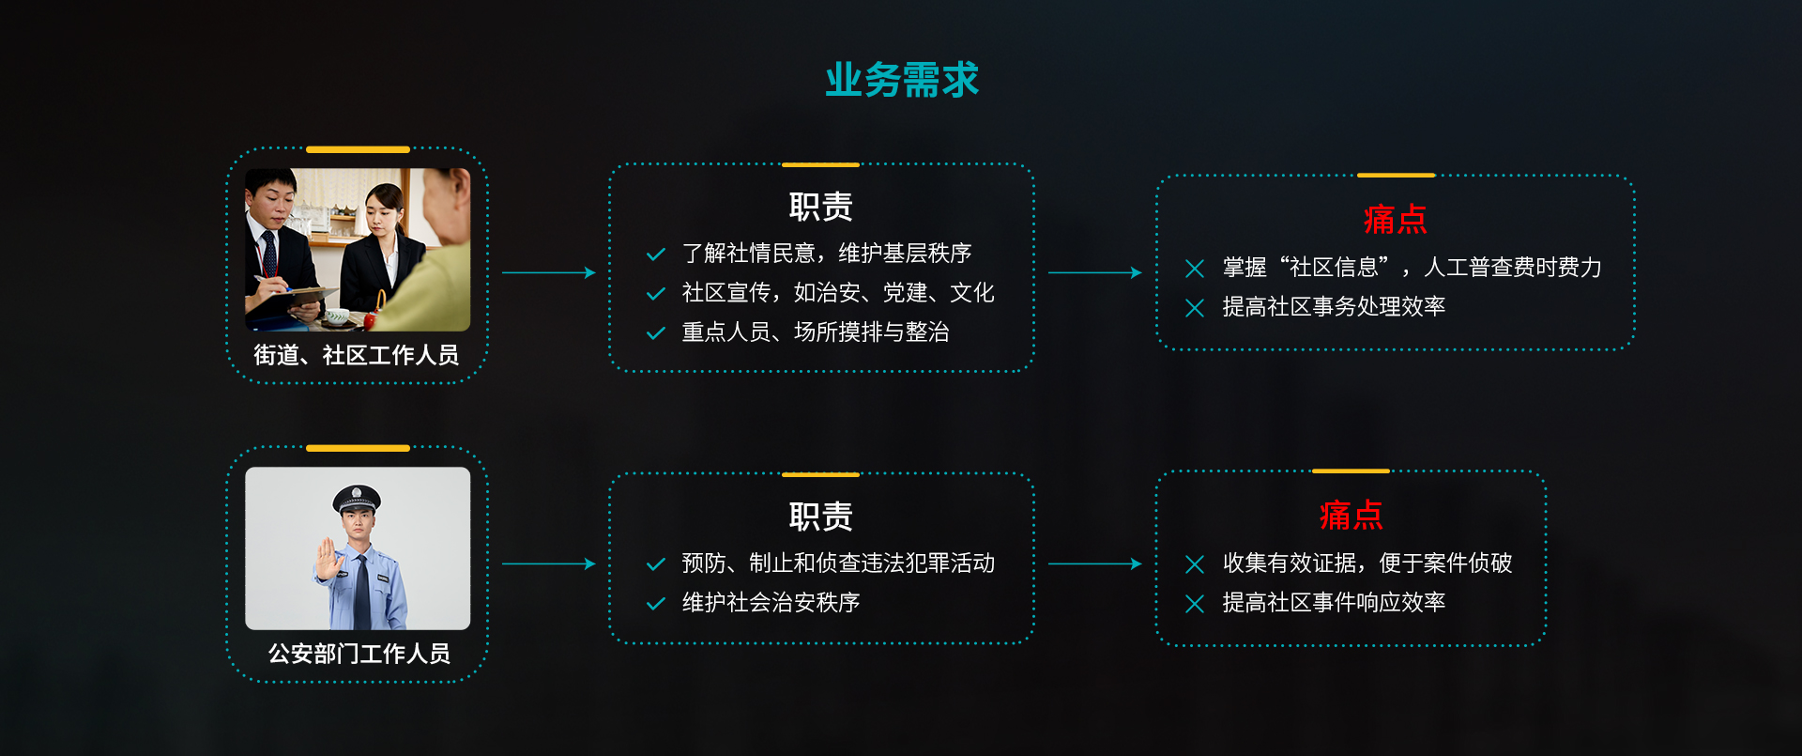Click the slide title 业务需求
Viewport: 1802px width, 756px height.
(x=902, y=80)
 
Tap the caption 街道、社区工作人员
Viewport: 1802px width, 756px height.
(x=357, y=355)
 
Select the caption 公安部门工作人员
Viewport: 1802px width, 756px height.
(x=359, y=654)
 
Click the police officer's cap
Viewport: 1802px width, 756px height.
(x=358, y=499)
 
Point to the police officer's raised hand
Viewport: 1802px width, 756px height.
(x=328, y=560)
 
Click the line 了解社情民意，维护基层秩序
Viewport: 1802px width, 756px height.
(x=826, y=254)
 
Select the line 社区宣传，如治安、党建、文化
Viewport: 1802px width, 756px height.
(x=837, y=293)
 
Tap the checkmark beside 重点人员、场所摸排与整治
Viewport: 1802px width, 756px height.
(x=656, y=333)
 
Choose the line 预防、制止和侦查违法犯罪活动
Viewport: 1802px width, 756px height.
(x=838, y=563)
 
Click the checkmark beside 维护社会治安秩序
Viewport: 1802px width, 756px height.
(x=656, y=604)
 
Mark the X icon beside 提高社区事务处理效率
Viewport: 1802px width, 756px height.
(x=1195, y=308)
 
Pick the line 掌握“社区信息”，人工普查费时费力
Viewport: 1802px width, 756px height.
(x=1412, y=268)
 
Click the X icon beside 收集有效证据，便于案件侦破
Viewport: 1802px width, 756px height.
(x=1195, y=564)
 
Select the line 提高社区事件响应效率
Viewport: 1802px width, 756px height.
(x=1334, y=603)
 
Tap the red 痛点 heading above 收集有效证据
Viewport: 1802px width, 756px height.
(x=1351, y=515)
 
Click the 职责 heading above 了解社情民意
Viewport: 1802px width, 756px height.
(x=821, y=207)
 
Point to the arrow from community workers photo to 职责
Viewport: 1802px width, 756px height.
(x=549, y=272)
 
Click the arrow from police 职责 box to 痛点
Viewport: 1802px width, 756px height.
(x=1095, y=563)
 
